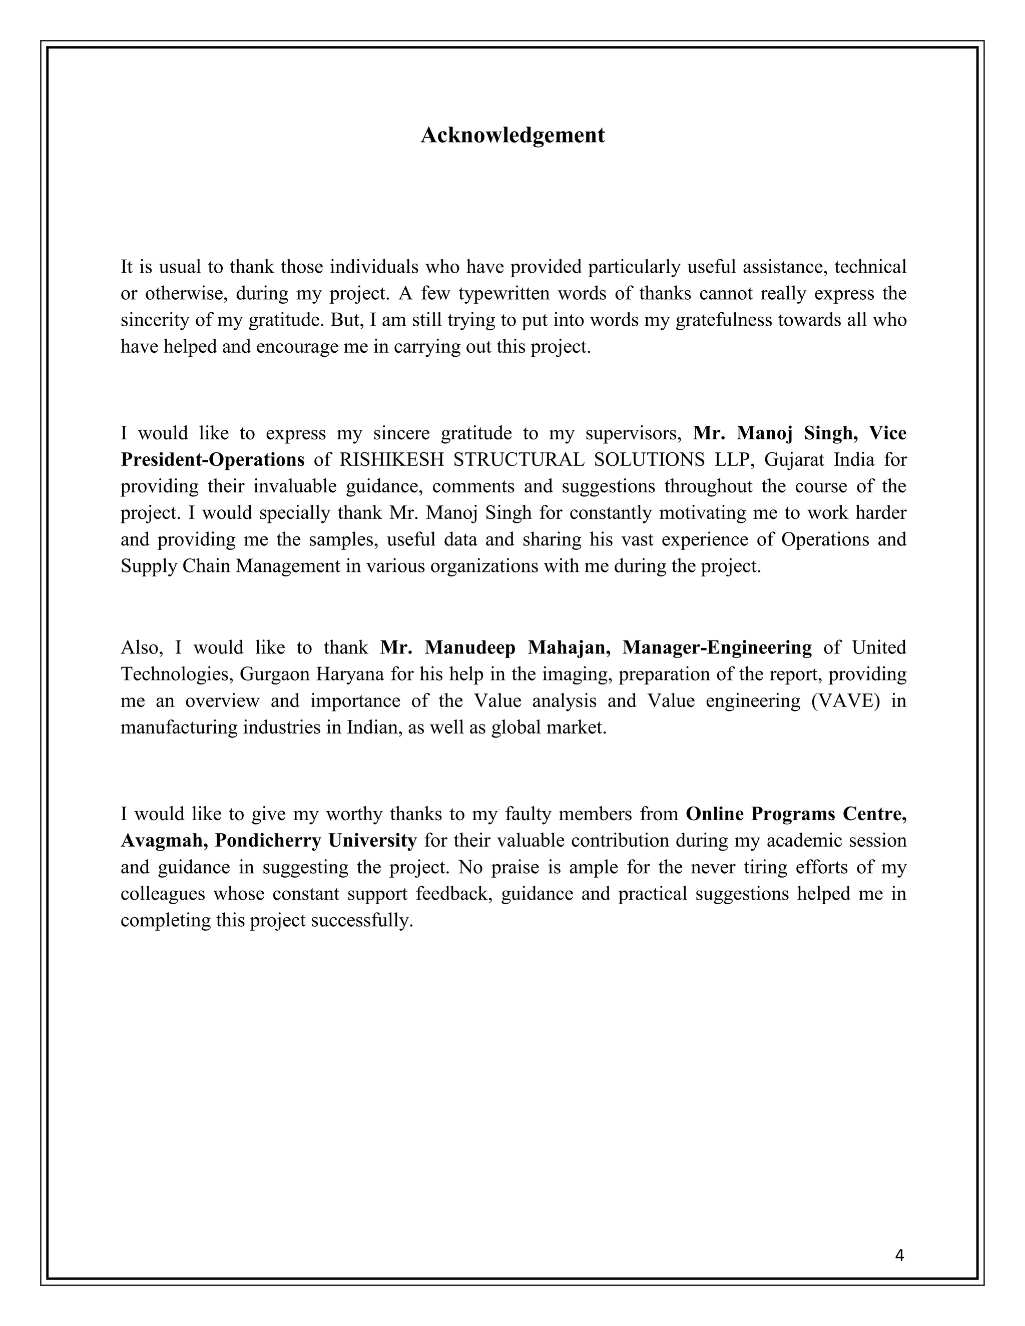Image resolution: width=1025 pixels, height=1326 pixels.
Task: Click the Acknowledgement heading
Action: [x=512, y=135]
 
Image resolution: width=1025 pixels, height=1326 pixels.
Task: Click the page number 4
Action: [x=899, y=1255]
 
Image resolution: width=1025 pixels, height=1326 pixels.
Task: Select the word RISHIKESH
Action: [x=390, y=460]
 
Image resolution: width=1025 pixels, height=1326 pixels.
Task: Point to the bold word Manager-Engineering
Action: [x=717, y=648]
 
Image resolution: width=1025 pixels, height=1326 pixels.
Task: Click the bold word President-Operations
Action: [x=213, y=460]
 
